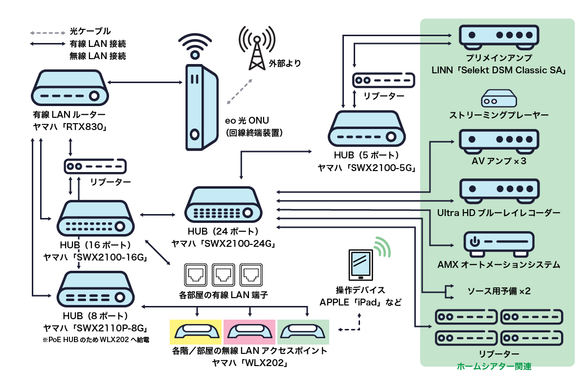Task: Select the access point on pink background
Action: click(250, 332)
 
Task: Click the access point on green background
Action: click(303, 332)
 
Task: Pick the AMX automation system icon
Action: click(498, 244)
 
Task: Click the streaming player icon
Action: click(498, 99)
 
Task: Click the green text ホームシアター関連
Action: click(494, 366)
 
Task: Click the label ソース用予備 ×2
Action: click(492, 291)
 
